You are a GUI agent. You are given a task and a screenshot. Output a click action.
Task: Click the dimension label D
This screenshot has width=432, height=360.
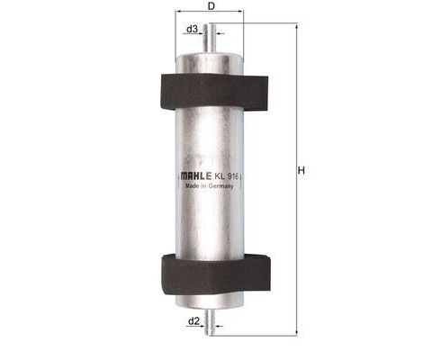click(x=211, y=5)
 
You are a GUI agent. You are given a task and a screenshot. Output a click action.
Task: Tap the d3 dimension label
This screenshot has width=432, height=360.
click(x=192, y=29)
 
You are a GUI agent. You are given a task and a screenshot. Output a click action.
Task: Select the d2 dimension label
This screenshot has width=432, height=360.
click(x=193, y=321)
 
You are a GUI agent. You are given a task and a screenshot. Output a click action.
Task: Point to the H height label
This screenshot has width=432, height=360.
click(x=301, y=171)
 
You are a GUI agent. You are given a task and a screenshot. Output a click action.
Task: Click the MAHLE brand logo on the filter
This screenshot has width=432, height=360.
click(x=196, y=176)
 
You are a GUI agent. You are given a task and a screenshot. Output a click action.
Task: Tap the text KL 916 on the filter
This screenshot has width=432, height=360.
click(x=227, y=176)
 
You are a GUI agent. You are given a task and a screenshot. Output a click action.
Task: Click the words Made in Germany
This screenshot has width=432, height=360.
click(x=209, y=186)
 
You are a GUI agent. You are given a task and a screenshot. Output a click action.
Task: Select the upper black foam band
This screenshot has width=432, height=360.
click(x=214, y=92)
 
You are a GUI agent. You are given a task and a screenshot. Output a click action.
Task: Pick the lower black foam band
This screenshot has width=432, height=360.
click(x=216, y=274)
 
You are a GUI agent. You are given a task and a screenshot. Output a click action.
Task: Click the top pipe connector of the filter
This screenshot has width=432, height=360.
click(x=210, y=39)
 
